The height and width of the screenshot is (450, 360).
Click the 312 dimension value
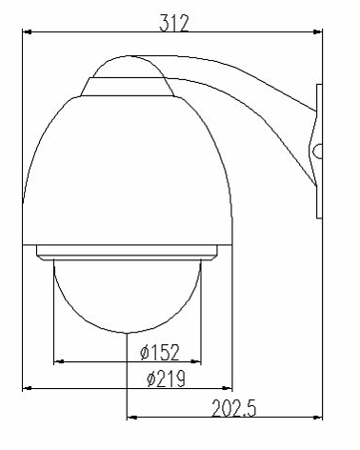tap(174, 23)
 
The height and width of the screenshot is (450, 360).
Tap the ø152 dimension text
tap(160, 352)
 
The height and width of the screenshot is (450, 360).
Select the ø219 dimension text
tap(166, 378)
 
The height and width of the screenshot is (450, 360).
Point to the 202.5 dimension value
tap(233, 408)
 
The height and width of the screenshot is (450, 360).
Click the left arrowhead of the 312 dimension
tap(28, 31)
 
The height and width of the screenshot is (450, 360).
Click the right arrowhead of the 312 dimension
tap(317, 31)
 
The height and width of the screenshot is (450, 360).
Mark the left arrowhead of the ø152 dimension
tap(59, 361)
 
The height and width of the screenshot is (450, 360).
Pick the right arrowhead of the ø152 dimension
tap(196, 361)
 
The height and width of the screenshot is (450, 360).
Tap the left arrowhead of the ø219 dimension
tap(28, 388)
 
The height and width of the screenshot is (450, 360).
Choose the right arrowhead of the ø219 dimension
tap(228, 388)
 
